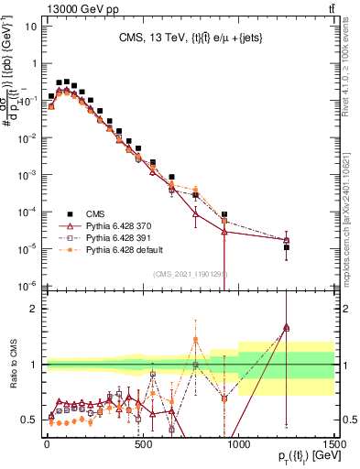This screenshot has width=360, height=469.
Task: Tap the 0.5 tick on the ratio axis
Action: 30,420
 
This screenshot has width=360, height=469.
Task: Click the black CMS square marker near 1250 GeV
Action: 287,247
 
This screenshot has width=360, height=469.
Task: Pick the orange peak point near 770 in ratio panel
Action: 195,339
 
